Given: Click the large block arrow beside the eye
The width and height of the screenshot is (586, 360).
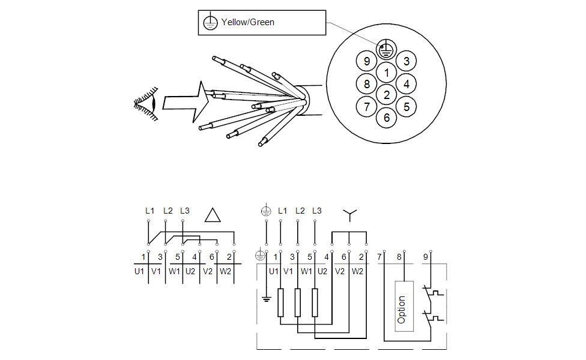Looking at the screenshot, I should coord(186,102).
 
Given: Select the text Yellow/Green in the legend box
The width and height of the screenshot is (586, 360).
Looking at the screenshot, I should coord(247,22).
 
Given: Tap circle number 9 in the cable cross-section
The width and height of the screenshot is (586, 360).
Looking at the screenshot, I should coord(367,61).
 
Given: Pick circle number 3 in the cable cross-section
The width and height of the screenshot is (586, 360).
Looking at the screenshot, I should coord(406,61).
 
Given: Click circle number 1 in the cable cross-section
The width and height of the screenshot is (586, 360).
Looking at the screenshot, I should coord(387,73).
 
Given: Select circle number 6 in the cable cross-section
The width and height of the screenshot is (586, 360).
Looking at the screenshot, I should coord(387,118).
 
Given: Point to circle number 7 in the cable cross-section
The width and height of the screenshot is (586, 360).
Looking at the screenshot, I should coord(367,107).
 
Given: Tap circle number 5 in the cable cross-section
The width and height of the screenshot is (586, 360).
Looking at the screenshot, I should coord(406,107).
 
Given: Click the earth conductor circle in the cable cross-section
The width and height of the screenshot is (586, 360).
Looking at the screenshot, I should coord(385,50).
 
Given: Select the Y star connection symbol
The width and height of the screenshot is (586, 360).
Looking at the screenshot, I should coord(349,214).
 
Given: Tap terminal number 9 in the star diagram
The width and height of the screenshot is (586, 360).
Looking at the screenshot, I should coord(426,257).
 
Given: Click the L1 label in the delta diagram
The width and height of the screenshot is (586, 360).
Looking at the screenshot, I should coord(150,211).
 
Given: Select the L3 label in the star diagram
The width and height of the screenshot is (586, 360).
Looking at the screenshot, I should coord(316,211).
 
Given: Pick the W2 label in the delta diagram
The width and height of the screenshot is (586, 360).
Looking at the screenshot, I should coord(225,271).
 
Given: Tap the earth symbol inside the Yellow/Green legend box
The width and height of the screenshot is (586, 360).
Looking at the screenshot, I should coord(210,23).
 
